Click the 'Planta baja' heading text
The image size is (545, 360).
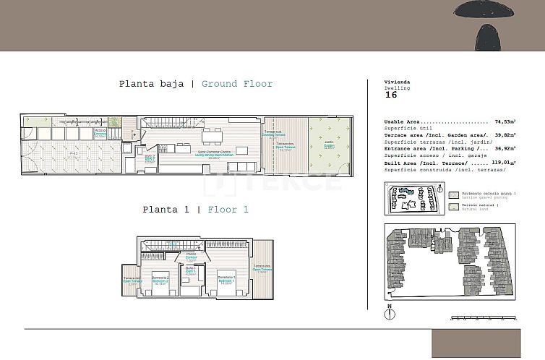tap(151, 84)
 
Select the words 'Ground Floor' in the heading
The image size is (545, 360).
tap(237, 84)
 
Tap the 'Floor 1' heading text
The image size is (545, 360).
tap(228, 210)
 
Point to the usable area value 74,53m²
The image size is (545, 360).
tap(507, 122)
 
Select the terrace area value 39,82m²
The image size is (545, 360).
tap(507, 135)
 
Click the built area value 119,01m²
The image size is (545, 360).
tap(506, 163)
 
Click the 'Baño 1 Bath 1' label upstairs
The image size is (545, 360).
tap(191, 270)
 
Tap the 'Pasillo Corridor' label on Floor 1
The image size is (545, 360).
tap(191, 256)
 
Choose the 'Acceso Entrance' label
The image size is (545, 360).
tap(100, 132)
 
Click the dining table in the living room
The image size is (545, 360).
tap(212, 136)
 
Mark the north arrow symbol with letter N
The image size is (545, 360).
tap(390, 312)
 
